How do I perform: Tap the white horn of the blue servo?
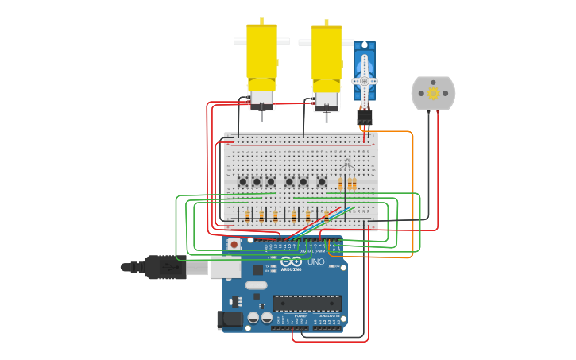pos(365,80)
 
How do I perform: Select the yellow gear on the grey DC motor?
pos(433,93)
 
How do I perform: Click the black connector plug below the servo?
pos(365,117)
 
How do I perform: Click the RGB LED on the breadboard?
pos(346,165)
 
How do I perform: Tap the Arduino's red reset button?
pos(234,244)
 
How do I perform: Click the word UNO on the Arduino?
pos(315,261)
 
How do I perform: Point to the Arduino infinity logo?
pos(291,261)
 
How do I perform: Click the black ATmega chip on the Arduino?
pos(307,303)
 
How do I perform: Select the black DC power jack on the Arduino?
pos(229,319)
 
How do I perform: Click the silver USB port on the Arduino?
pos(225,268)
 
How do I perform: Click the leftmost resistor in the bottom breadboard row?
pos(247,215)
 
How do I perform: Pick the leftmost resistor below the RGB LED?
pos(340,184)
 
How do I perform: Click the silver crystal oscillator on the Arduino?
pos(256,285)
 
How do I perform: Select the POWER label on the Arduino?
pos(300,315)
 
